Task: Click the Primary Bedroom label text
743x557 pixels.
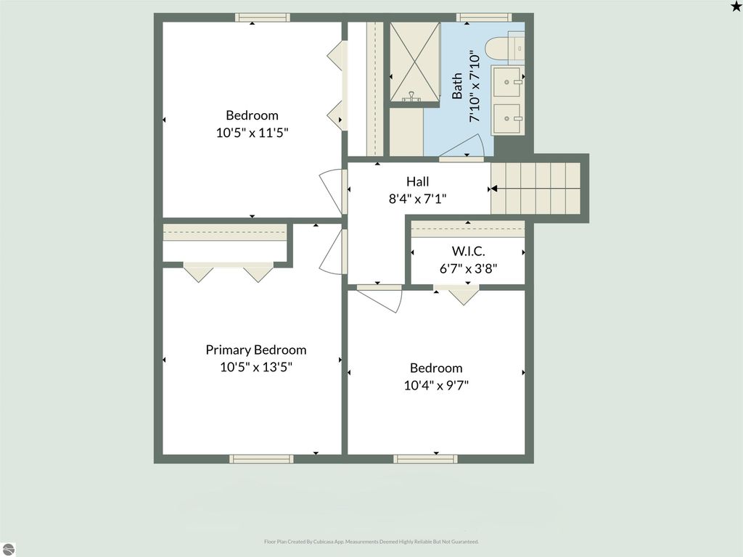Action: [255, 350]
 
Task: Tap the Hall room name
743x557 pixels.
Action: [417, 182]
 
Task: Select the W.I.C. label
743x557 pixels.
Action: [468, 251]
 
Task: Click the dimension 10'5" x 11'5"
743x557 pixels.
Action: [252, 132]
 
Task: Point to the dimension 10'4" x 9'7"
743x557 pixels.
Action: [436, 385]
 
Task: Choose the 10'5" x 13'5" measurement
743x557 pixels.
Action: [255, 367]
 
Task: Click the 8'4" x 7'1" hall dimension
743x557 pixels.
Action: [417, 198]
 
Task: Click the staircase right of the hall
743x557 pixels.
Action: [536, 188]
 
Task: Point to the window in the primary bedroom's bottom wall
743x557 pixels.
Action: [261, 458]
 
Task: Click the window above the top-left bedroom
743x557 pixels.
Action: [262, 17]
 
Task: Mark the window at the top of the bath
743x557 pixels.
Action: [483, 17]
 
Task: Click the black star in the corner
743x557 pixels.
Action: [735, 7]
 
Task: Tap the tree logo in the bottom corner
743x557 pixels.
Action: [8, 548]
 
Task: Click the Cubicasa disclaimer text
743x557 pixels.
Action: [371, 542]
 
